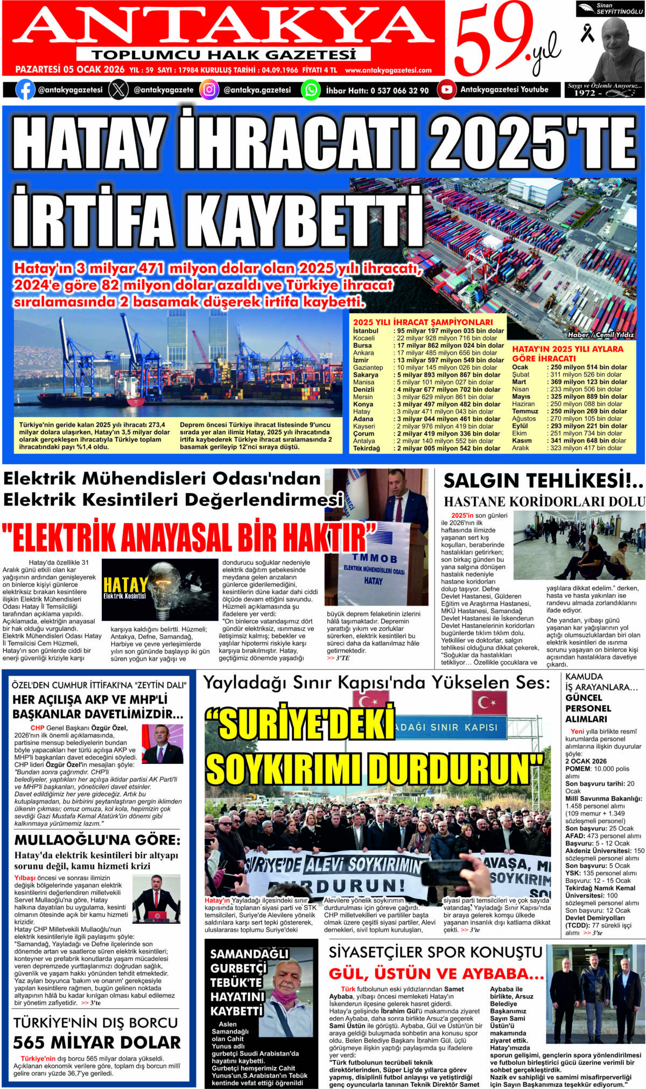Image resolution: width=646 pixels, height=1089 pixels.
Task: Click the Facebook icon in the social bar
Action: (x=25, y=89)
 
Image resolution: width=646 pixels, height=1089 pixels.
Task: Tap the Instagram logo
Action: (x=209, y=89)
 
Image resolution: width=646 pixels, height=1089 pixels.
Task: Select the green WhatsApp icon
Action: (x=311, y=89)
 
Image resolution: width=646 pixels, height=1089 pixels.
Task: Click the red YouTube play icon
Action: (x=446, y=89)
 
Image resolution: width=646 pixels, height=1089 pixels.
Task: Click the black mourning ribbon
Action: (x=587, y=33)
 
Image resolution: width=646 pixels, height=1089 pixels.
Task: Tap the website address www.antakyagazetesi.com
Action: (x=388, y=70)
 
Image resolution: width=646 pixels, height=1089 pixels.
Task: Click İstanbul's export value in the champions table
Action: (x=451, y=331)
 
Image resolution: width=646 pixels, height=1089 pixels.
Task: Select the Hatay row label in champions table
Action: (x=362, y=411)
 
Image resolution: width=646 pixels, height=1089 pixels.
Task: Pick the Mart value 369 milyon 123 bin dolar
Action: (x=588, y=382)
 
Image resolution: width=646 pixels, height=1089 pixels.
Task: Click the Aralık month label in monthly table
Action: (x=521, y=448)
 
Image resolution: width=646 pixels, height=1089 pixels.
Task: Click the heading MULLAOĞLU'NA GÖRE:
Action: (x=97, y=840)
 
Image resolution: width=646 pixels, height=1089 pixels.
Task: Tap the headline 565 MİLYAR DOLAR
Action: (x=97, y=1042)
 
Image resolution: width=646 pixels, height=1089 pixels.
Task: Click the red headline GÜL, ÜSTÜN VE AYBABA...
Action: (x=437, y=973)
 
